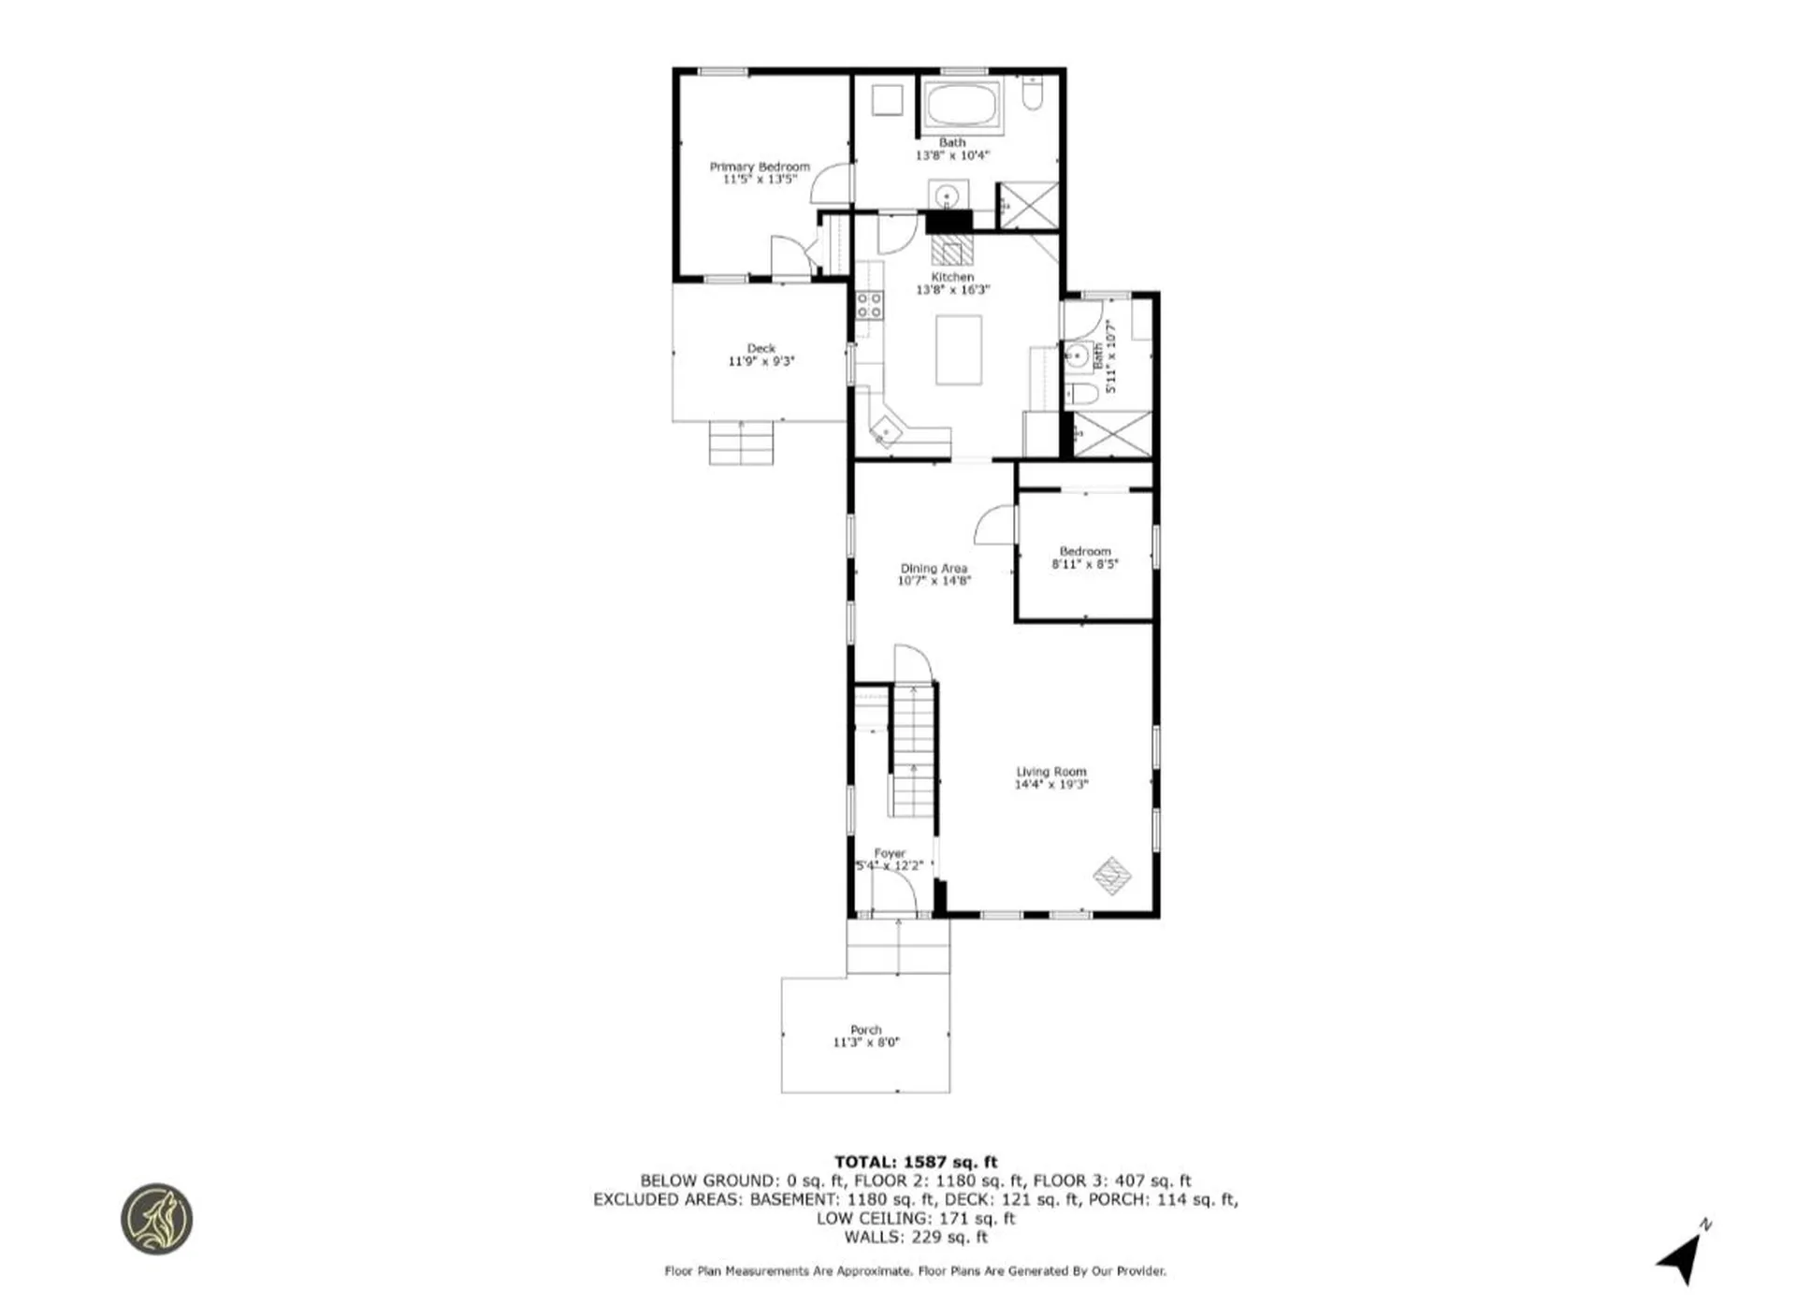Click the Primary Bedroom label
(760, 167)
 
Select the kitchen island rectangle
(959, 350)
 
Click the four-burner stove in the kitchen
(869, 305)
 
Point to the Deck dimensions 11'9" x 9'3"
(760, 361)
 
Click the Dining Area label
(934, 568)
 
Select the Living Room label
(1051, 772)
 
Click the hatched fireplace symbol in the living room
(1112, 876)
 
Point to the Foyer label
(890, 853)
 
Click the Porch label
(865, 1029)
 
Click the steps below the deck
(741, 442)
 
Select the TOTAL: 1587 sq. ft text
(916, 1162)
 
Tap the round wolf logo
(157, 1219)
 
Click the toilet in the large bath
(1032, 94)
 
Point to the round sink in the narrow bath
(1076, 355)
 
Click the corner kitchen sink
(884, 432)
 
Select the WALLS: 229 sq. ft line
(916, 1237)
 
